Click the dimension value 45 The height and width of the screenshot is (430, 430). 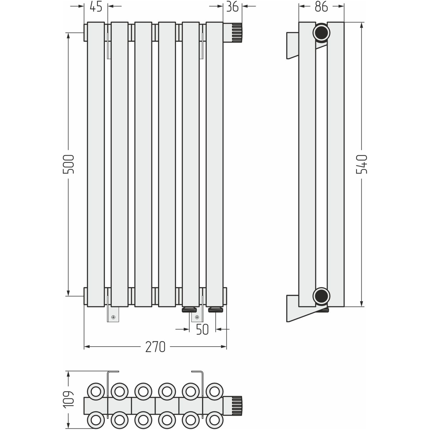[96, 7]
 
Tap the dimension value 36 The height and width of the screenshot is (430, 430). [232, 7]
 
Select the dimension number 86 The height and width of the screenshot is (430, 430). [321, 7]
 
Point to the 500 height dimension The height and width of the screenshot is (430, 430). [68, 164]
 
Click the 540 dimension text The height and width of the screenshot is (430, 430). [362, 164]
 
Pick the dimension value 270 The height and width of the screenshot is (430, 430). [155, 347]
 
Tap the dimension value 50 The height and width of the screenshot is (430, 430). [202, 329]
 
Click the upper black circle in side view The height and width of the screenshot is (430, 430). [321, 33]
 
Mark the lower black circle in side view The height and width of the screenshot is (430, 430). [321, 296]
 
